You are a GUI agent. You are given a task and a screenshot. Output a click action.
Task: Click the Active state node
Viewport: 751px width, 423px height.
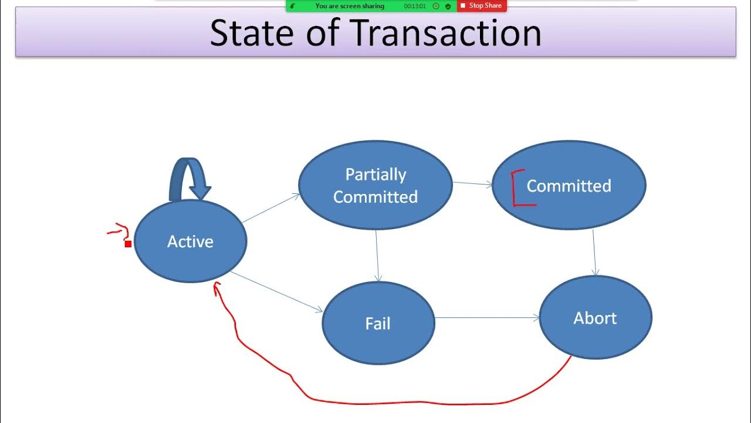[x=190, y=241]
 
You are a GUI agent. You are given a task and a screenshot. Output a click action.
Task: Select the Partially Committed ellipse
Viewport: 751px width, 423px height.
[x=375, y=185]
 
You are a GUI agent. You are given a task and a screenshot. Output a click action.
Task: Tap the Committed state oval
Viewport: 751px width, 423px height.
[x=569, y=186]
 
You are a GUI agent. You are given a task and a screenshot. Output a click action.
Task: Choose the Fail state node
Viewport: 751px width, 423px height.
[x=378, y=324]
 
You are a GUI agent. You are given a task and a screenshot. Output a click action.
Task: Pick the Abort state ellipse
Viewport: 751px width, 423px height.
[x=595, y=318]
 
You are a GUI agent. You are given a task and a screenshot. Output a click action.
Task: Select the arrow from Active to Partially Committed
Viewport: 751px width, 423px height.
[x=271, y=209]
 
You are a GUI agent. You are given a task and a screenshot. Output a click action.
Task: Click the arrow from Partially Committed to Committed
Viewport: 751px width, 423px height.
[x=472, y=184]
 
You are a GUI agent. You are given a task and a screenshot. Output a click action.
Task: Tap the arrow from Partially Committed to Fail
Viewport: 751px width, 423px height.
[x=377, y=256]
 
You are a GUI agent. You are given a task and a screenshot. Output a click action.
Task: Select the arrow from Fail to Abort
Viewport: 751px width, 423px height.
[x=487, y=318]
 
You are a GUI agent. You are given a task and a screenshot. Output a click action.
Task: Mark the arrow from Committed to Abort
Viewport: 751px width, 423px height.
[x=594, y=253]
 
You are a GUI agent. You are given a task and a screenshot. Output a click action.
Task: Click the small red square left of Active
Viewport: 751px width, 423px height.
[x=128, y=244]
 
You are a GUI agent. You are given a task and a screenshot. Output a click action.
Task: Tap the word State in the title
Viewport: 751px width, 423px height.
[x=251, y=33]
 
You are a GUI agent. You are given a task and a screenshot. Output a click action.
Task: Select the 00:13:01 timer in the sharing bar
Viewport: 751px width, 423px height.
[x=415, y=6]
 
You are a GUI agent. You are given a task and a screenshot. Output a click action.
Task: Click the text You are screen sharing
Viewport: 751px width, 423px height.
[x=350, y=6]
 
